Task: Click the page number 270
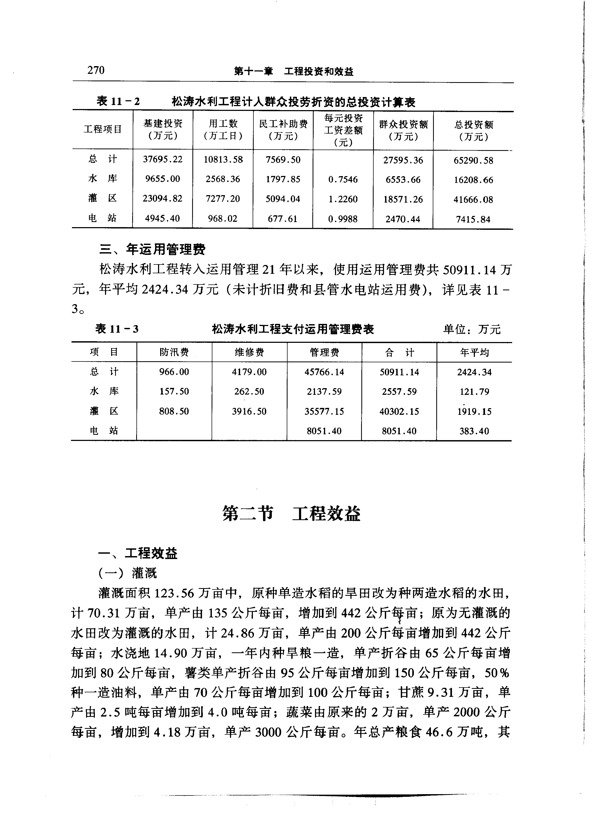click(96, 70)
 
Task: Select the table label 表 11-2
click(118, 101)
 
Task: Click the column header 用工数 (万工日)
click(223, 130)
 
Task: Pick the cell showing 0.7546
click(343, 179)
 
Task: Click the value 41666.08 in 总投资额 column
click(473, 200)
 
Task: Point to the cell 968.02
click(223, 219)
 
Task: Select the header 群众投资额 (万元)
click(403, 130)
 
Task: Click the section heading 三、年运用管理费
click(152, 250)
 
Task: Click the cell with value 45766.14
click(324, 372)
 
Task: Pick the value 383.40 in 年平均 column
click(474, 431)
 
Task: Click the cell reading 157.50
click(174, 391)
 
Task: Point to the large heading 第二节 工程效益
click(291, 513)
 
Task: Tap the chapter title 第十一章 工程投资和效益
click(294, 71)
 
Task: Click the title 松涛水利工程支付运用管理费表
click(293, 329)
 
